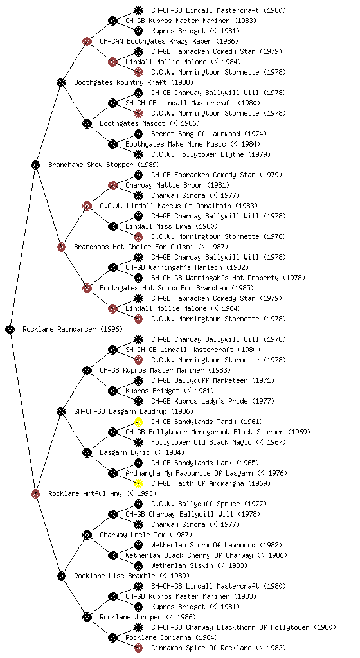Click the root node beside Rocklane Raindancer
tap(10, 329)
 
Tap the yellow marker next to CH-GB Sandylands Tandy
tap(138, 422)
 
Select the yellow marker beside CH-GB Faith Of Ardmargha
tap(138, 483)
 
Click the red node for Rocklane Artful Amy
tap(35, 493)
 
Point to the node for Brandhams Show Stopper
tap(35, 164)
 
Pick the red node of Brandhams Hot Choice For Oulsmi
tap(61, 247)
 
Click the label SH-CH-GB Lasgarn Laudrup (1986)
tap(134, 411)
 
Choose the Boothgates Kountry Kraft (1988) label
tap(134, 82)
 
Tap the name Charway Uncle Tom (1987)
tap(146, 535)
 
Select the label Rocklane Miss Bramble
tap(114, 576)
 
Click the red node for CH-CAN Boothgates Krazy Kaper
tap(87, 41)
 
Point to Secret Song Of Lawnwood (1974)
tap(209, 134)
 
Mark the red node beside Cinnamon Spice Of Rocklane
tap(138, 648)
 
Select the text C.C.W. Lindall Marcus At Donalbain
tap(166, 206)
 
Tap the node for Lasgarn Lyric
tap(87, 452)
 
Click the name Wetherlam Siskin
tap(182, 565)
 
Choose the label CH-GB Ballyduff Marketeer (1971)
tap(213, 380)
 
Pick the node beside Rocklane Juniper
tap(87, 617)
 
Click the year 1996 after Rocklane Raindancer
tap(111, 329)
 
